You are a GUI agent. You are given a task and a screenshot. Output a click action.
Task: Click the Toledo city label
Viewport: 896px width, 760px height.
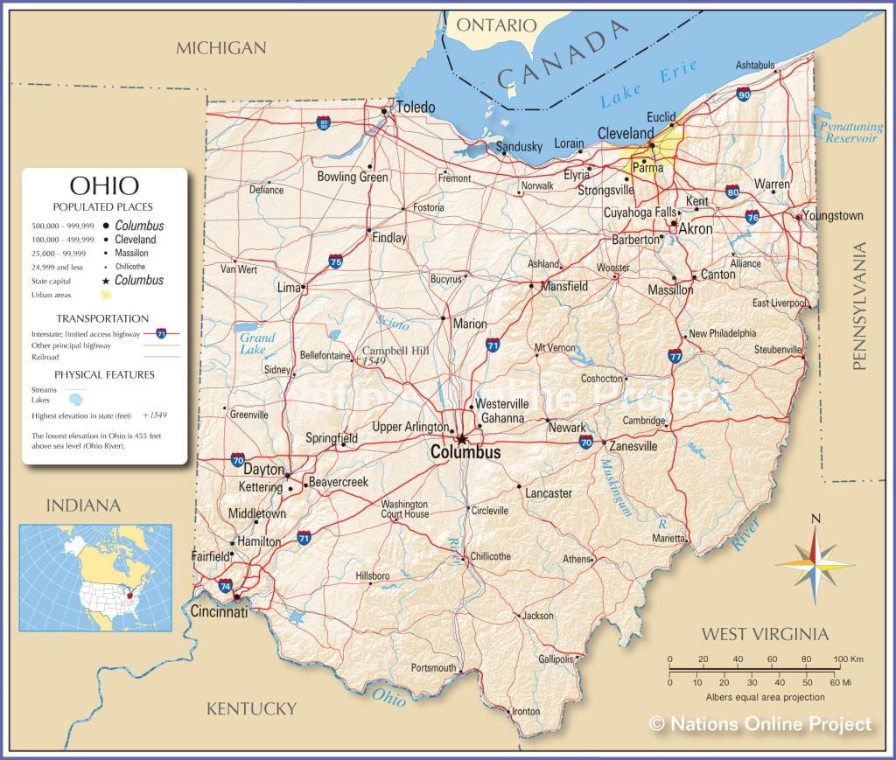(415, 108)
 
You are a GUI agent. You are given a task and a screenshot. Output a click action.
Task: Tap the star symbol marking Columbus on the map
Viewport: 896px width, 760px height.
(460, 438)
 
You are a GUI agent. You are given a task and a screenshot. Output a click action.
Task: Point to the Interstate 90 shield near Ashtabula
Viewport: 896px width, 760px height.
(743, 94)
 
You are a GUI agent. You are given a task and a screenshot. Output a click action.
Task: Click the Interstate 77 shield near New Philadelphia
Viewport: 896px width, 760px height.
(675, 355)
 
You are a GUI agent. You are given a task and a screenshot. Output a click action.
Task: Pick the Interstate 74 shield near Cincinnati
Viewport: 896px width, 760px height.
(226, 585)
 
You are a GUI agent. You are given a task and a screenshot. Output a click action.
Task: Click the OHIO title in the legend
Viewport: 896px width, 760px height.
(104, 186)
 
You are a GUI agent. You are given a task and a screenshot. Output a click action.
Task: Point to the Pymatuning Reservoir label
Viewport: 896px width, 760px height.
(849, 133)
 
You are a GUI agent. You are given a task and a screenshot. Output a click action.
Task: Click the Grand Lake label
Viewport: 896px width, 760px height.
(257, 344)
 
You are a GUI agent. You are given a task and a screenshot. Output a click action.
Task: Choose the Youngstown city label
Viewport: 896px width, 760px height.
(832, 215)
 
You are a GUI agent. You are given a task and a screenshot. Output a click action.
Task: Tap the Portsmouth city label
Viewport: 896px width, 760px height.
(433, 668)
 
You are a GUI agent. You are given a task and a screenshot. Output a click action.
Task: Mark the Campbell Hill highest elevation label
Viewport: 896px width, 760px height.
(395, 351)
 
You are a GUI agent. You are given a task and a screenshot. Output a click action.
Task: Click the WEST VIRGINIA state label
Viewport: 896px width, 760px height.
(765, 634)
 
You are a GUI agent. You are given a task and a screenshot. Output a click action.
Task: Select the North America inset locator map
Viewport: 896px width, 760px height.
(95, 577)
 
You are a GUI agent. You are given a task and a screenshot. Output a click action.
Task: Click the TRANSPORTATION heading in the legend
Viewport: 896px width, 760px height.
(102, 318)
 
